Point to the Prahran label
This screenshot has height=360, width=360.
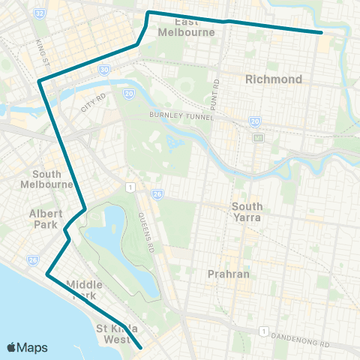(x=228, y=274)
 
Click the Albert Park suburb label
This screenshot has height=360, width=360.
(x=46, y=218)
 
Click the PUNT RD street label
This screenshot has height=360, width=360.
(x=216, y=89)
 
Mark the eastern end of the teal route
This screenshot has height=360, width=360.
(x=322, y=32)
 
